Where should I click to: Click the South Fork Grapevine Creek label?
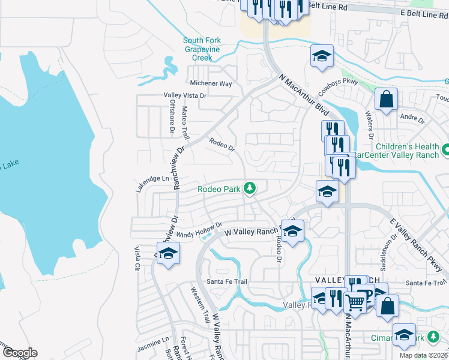click(x=202, y=49)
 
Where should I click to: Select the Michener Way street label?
click(x=210, y=84)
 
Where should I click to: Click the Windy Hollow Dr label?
click(x=187, y=227)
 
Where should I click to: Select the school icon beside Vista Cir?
click(x=169, y=253)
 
